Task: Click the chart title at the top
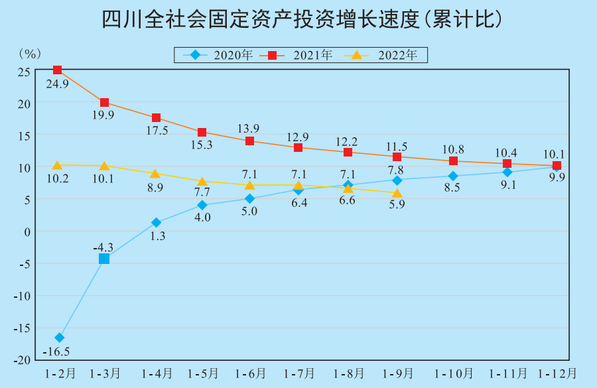pos(298,19)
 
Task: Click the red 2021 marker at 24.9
pos(58,70)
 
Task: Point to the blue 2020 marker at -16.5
pos(59,338)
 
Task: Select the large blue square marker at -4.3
pos(104,259)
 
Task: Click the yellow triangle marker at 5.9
pos(397,194)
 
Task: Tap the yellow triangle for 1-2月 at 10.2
pos(58,165)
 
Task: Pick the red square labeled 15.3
pos(202,133)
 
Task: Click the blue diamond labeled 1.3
pos(157,223)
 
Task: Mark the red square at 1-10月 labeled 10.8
pos(454,161)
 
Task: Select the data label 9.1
pos(508,185)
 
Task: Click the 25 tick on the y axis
pos(24,72)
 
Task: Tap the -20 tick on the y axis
pos(22,359)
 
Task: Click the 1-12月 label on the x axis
pos(556,373)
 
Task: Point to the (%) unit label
pos(31,53)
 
